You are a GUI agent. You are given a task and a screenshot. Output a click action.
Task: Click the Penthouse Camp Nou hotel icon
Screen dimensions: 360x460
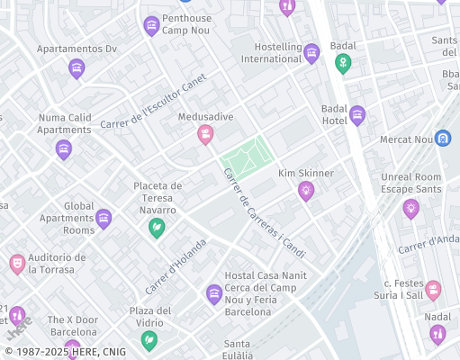[x=151, y=26]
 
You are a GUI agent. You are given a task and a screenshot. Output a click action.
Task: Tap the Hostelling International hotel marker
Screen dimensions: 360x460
[x=311, y=53]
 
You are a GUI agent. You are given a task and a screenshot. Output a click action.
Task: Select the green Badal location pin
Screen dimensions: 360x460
[x=342, y=63]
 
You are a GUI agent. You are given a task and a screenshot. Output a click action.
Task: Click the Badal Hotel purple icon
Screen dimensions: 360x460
[x=357, y=114]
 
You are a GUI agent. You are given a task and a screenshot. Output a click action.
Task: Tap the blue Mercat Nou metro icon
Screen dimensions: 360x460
[x=442, y=139]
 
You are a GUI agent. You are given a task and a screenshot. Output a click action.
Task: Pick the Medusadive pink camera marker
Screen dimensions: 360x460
[x=206, y=134]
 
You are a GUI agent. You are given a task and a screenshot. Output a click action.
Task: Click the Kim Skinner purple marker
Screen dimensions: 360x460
[x=306, y=190]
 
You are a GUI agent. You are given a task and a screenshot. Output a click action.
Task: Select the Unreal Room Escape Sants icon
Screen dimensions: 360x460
[x=411, y=209]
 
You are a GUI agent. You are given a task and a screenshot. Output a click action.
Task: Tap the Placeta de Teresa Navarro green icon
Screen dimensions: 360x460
[x=157, y=227]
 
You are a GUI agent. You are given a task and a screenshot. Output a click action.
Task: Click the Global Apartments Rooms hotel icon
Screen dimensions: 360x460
[x=104, y=218]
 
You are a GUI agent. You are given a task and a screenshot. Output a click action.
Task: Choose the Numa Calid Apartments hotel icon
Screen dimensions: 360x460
[x=63, y=148]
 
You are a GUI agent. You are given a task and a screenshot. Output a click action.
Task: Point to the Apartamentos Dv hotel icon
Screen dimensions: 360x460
[x=77, y=67]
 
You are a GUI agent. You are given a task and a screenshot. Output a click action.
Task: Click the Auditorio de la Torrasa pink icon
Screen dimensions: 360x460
[x=16, y=263]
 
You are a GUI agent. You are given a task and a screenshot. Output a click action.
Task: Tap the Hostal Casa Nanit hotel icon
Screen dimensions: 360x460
[x=213, y=292]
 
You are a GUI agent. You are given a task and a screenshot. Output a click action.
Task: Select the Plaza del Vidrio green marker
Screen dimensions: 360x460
[x=149, y=340]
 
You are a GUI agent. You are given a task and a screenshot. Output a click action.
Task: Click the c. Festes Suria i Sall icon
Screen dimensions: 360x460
[x=434, y=290]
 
